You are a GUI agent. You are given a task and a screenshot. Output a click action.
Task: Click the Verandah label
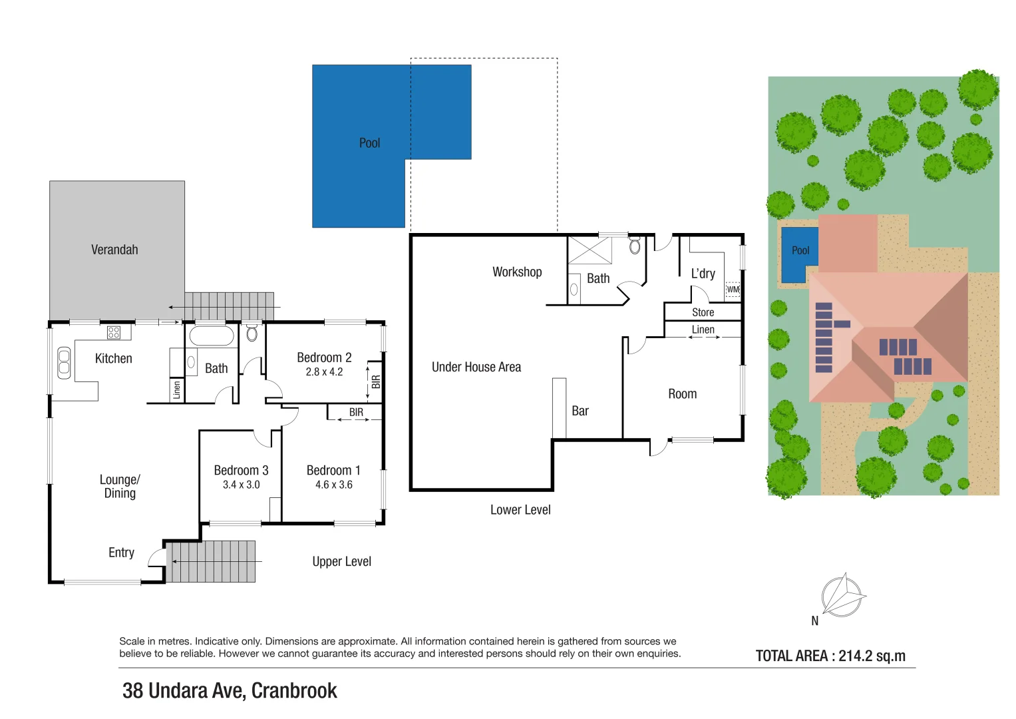[x=114, y=250]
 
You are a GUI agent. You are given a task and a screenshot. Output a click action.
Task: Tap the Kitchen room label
[x=113, y=358]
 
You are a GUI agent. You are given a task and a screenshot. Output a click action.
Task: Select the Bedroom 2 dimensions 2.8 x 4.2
[x=324, y=372]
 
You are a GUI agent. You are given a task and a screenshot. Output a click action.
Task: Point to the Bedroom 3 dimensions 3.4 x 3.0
[x=241, y=485]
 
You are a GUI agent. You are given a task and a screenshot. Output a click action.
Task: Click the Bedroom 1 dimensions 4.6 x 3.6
[x=333, y=485]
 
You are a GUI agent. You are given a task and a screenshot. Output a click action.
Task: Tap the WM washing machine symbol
[x=733, y=290]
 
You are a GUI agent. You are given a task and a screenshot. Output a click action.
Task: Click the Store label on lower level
[x=703, y=312]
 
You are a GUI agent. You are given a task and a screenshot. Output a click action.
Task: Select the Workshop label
[x=517, y=272]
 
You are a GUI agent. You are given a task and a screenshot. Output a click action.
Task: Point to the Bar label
[x=580, y=411]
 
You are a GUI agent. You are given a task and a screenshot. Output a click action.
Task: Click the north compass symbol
[x=843, y=595]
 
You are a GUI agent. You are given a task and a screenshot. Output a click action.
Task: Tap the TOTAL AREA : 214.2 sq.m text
[x=830, y=656]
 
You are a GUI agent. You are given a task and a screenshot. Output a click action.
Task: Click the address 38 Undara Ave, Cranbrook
[x=230, y=690]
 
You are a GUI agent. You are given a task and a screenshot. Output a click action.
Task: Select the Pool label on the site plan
[x=800, y=250]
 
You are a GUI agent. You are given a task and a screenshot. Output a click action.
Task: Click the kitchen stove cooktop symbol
[x=114, y=332]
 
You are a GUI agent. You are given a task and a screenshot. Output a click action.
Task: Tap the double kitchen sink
[x=64, y=363]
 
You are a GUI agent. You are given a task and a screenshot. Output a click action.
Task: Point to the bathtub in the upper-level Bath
[x=212, y=336]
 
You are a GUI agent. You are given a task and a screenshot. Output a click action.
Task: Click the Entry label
[x=121, y=553]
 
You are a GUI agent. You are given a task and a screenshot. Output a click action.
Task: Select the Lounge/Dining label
[x=120, y=486]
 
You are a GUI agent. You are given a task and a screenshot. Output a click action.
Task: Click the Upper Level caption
[x=341, y=561]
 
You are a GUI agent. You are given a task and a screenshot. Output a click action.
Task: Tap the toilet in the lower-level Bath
[x=635, y=246]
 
